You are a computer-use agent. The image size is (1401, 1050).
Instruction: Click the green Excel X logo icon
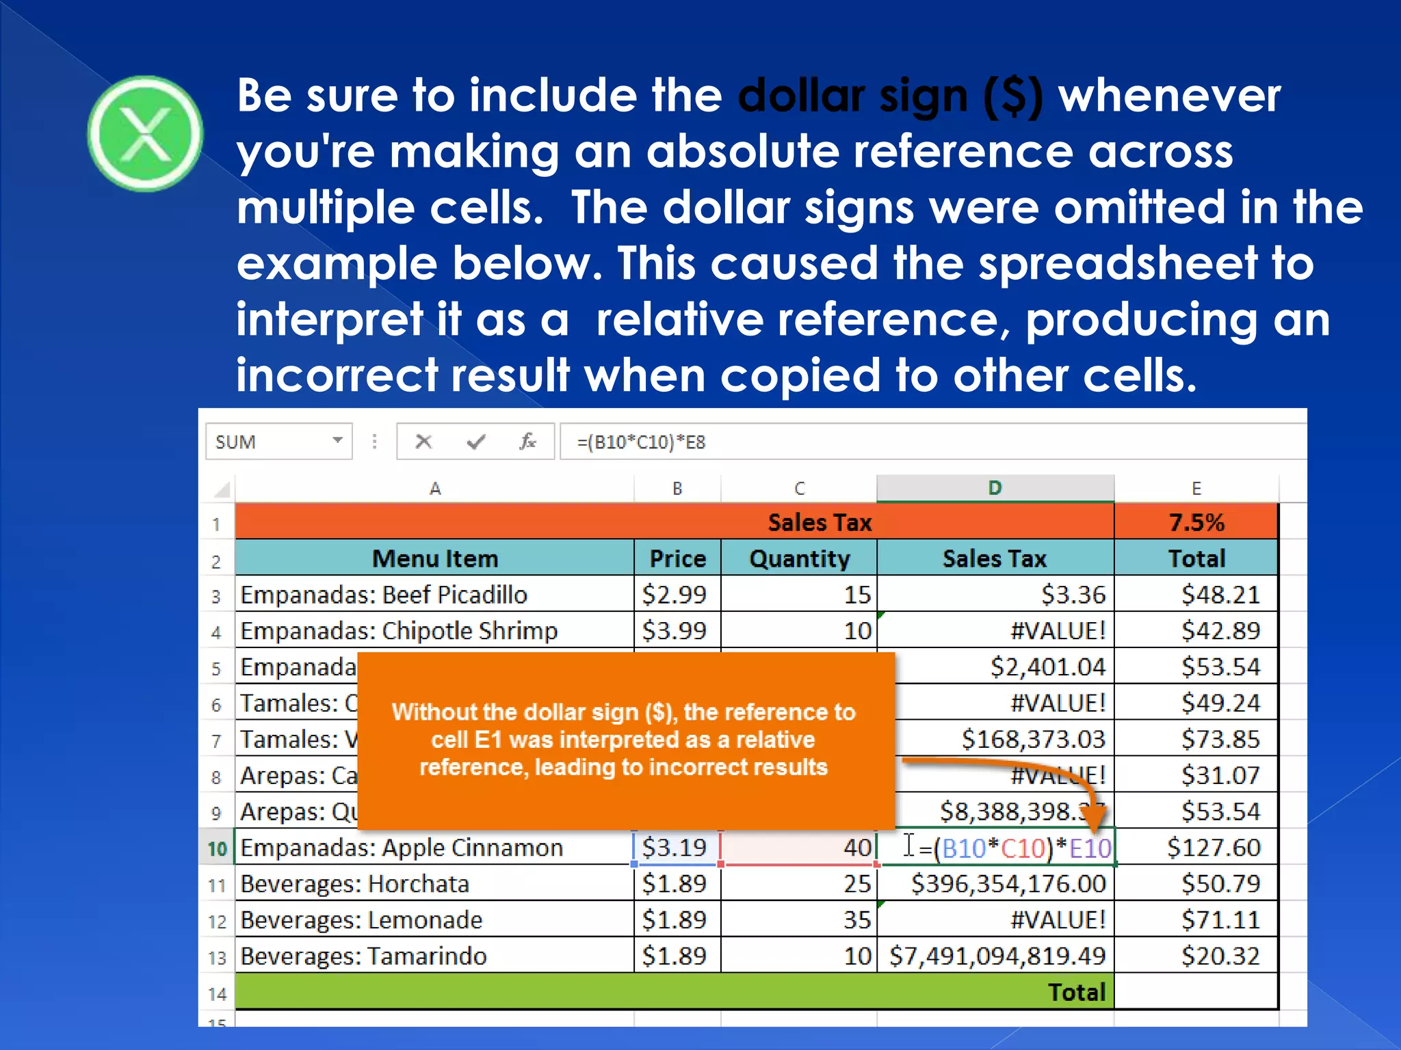pyautogui.click(x=145, y=133)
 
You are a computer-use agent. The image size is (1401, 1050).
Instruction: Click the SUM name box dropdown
pyautogui.click(x=337, y=441)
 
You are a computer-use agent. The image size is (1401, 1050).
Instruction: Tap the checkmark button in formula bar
pyautogui.click(x=475, y=442)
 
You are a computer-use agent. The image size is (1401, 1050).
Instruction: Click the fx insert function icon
pyautogui.click(x=527, y=442)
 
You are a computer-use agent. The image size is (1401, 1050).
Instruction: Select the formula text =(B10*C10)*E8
pyautogui.click(x=640, y=442)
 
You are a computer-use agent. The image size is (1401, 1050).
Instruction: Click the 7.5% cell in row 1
pyautogui.click(x=1196, y=522)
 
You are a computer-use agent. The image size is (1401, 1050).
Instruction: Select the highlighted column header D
pyautogui.click(x=995, y=488)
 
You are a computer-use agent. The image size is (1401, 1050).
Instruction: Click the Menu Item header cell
pyautogui.click(x=434, y=558)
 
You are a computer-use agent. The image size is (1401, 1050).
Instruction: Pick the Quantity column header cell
pyautogui.click(x=799, y=558)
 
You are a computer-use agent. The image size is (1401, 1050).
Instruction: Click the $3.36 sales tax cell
pyautogui.click(x=1072, y=595)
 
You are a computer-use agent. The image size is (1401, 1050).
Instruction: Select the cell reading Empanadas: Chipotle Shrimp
pyautogui.click(x=399, y=630)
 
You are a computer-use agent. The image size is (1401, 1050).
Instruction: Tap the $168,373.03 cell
pyautogui.click(x=1033, y=739)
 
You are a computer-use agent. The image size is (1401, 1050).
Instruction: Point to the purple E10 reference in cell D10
pyautogui.click(x=1090, y=848)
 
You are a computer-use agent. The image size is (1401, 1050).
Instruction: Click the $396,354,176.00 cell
pyautogui.click(x=1008, y=884)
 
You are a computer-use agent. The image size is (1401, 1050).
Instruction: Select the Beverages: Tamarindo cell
pyautogui.click(x=363, y=956)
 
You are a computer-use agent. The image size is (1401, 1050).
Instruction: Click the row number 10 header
pyautogui.click(x=217, y=848)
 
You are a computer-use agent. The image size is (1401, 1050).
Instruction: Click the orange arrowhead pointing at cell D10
pyautogui.click(x=1095, y=817)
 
